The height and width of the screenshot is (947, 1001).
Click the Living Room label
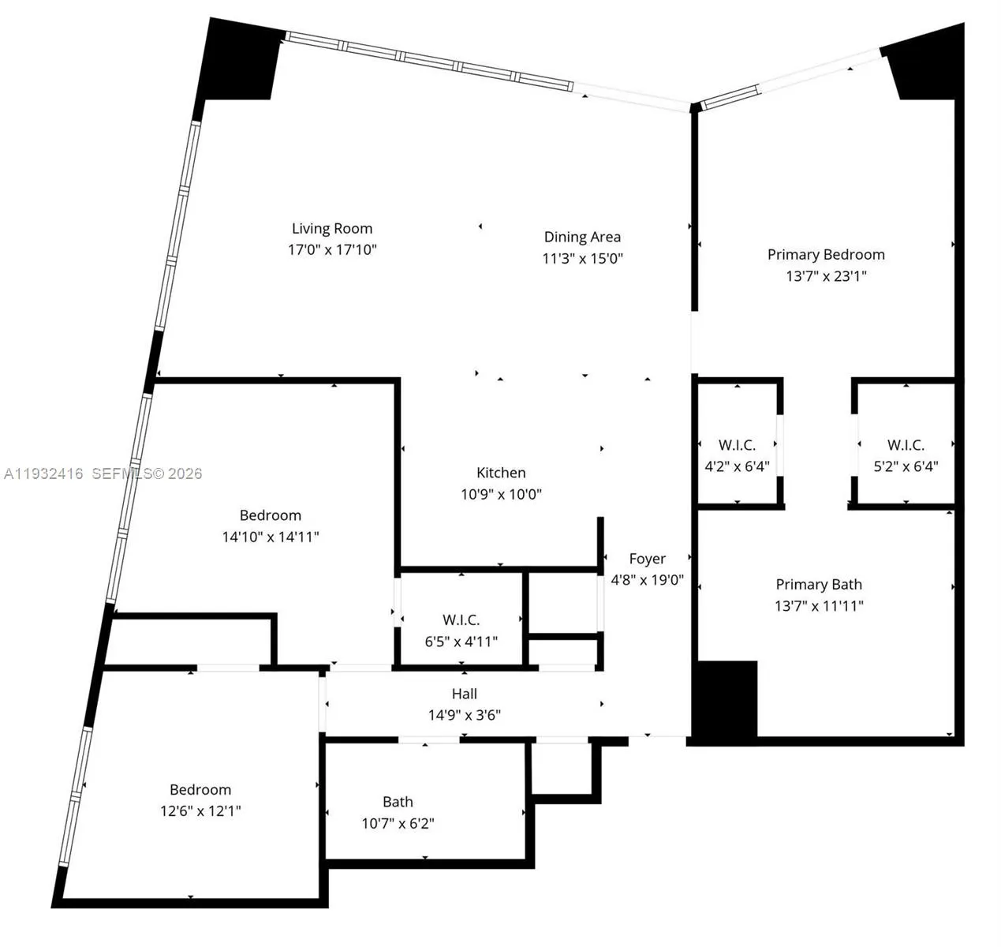332,229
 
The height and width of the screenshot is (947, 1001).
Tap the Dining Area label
582,237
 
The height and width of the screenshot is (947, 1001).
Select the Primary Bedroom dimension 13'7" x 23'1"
826,276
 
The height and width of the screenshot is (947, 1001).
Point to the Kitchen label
501,473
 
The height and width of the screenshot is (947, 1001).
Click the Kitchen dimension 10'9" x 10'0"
501,495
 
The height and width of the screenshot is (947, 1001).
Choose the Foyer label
648,559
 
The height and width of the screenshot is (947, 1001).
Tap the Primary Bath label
819,585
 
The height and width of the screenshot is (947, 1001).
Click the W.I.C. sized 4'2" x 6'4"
737,455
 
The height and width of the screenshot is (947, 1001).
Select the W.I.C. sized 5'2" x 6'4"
906,455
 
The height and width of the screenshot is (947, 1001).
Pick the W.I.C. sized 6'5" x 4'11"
461,631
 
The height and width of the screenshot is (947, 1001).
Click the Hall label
465,694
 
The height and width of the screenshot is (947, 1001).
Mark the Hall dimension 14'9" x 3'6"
465,716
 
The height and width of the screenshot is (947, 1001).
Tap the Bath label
398,802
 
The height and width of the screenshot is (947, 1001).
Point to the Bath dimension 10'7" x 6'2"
398,824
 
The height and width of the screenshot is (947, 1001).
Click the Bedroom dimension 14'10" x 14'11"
271,537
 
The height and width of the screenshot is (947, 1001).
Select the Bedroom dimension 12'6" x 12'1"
200,811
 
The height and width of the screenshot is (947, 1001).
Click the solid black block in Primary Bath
725,699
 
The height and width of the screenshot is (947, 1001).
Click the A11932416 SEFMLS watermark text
103,473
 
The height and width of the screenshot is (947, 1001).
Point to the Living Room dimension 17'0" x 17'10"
332,250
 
